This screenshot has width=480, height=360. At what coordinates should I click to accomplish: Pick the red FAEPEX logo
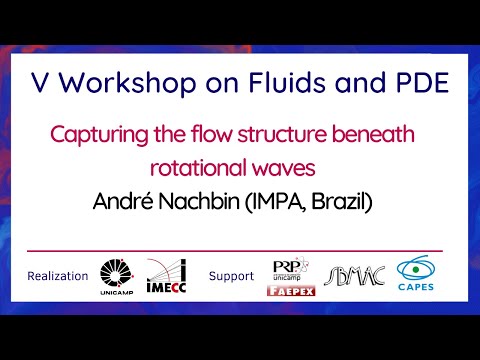[x=289, y=292]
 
